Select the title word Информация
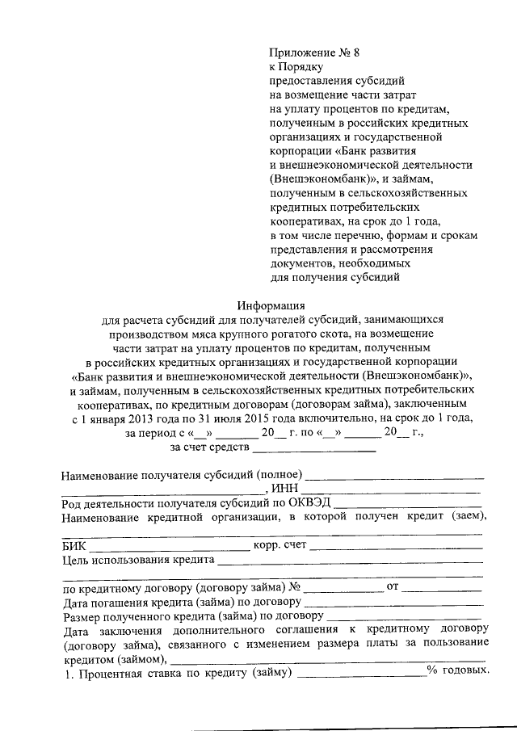pos(271,305)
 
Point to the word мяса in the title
pos(227,333)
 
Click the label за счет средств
pos(208,445)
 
